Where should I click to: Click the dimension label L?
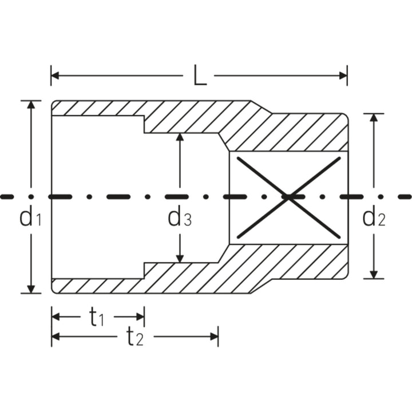pos(199,77)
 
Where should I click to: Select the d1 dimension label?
pos(30,218)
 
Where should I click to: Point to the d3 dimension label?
pos(179,218)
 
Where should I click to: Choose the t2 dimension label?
pos(135,338)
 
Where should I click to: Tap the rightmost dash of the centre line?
pos(404,196)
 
